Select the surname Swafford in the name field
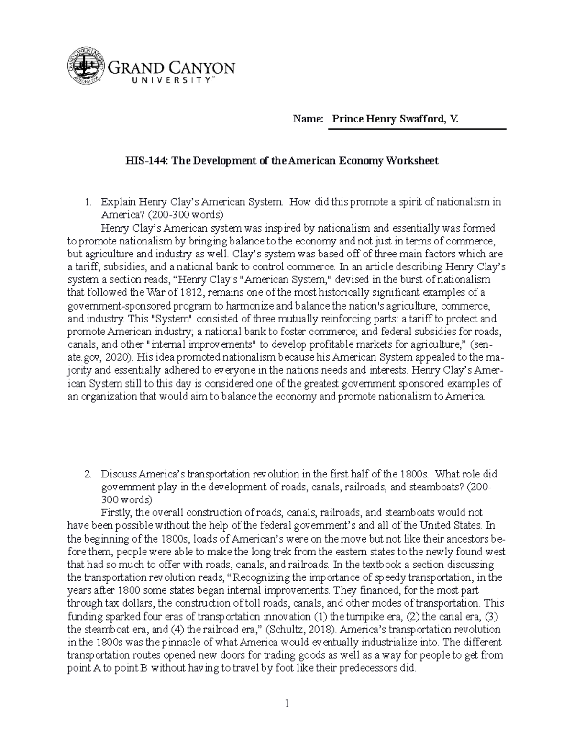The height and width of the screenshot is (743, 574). point(420,120)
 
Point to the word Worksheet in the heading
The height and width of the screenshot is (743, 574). point(415,161)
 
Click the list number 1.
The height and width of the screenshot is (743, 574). point(88,202)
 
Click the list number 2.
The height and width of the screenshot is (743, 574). point(88,475)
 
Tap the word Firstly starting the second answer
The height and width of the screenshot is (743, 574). point(117,513)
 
